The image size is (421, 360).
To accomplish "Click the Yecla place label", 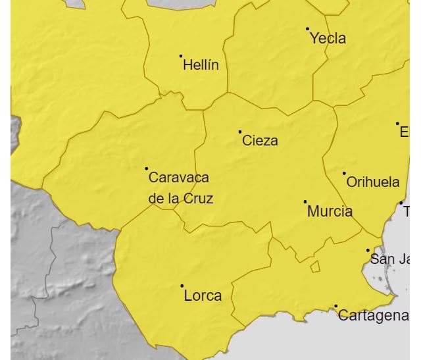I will [328, 38].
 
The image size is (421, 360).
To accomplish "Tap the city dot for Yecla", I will [307, 29].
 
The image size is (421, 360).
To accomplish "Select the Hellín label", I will [201, 65].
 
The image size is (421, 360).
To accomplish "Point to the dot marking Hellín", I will [181, 56].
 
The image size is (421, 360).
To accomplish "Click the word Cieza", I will [260, 140].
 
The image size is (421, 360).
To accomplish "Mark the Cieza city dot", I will [240, 132].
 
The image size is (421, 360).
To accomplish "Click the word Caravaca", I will [179, 177].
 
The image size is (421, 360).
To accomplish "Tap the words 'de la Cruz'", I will [180, 198].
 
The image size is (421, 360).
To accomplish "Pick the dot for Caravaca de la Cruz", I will [147, 168].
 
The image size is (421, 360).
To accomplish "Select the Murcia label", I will [330, 211].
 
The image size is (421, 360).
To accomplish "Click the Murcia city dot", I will [305, 201].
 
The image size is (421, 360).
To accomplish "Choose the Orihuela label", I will [372, 182].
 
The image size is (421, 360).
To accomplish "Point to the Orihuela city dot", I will [344, 173].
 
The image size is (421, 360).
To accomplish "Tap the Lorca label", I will [203, 296].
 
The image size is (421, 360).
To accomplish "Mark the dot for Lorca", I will [182, 286].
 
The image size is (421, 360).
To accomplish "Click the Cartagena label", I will [373, 315].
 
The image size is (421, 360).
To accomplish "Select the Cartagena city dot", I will [335, 306].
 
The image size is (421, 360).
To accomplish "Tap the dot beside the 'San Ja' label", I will [368, 250].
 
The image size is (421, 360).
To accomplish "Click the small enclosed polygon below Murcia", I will [315, 267].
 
